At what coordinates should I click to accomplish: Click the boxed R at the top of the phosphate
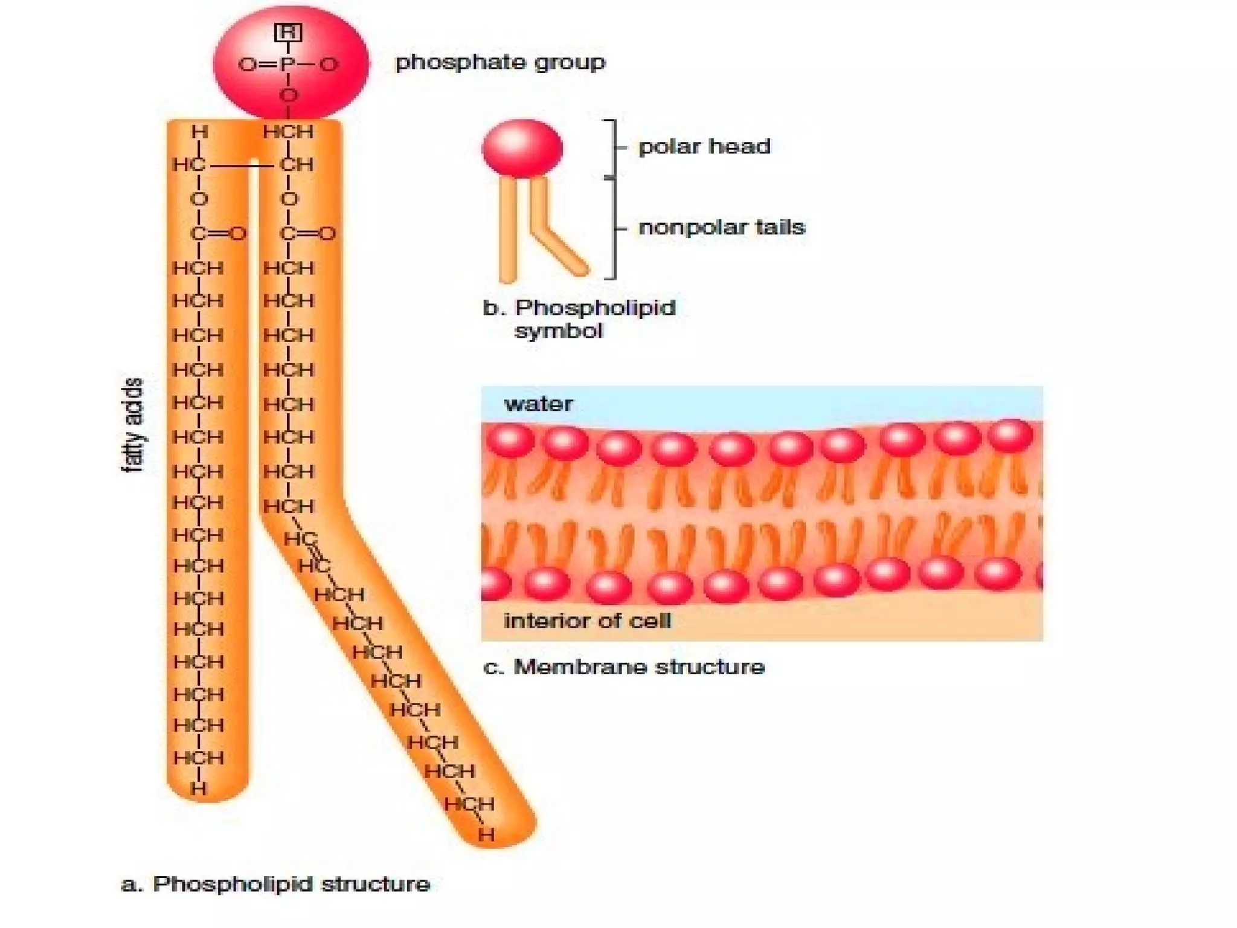(288, 33)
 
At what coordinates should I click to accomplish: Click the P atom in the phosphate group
(288, 64)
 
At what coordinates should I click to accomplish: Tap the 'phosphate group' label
(500, 62)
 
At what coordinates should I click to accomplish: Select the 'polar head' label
(704, 146)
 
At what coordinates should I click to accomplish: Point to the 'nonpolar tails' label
(722, 227)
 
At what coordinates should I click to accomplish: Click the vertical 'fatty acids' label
(133, 425)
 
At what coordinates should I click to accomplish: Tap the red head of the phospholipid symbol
(522, 148)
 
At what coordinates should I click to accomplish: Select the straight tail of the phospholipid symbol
(508, 230)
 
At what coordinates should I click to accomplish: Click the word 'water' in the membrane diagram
(538, 404)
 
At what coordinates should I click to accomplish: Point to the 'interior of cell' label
(587, 621)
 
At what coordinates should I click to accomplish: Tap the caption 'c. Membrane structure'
(624, 667)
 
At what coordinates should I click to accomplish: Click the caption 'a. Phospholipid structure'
(275, 884)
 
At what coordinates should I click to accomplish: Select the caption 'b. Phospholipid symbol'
(579, 319)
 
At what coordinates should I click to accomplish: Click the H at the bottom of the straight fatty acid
(198, 788)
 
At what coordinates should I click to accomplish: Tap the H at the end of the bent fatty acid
(486, 834)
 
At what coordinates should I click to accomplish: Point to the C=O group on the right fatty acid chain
(307, 233)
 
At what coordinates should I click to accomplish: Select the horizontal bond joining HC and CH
(242, 164)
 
